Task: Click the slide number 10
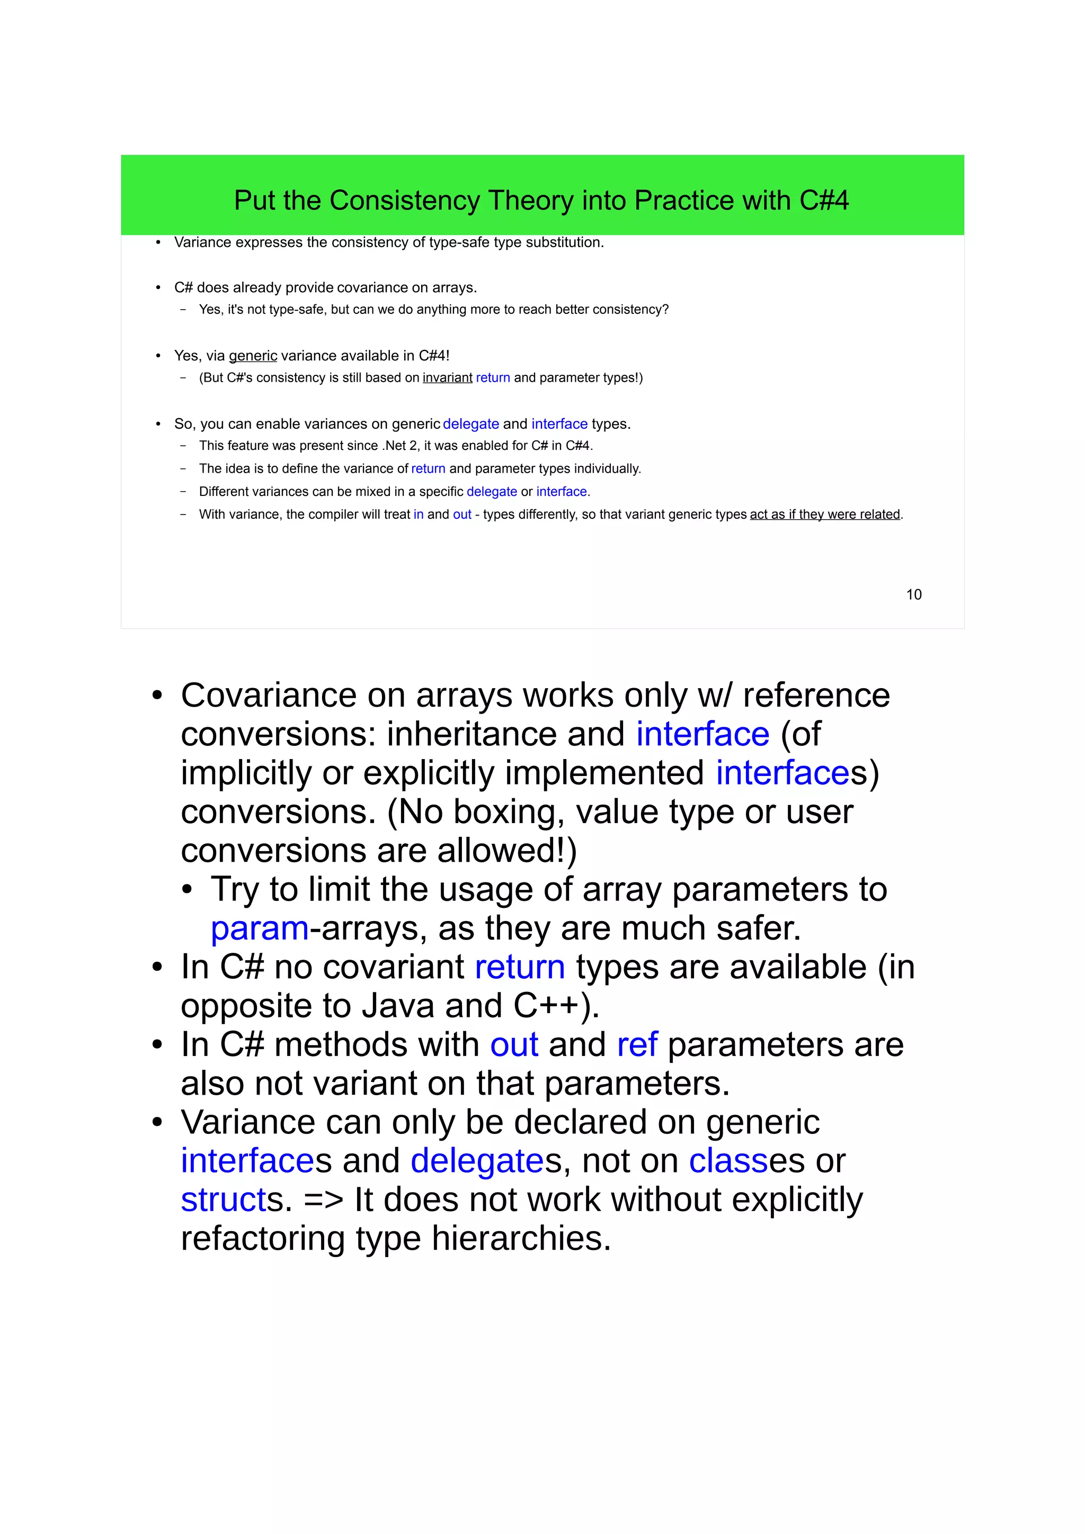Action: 913,594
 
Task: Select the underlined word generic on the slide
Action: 253,356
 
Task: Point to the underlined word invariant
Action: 447,378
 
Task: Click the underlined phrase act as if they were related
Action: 824,515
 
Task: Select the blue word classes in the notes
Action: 728,1161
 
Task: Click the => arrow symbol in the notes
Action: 323,1200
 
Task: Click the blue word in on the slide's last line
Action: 419,515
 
